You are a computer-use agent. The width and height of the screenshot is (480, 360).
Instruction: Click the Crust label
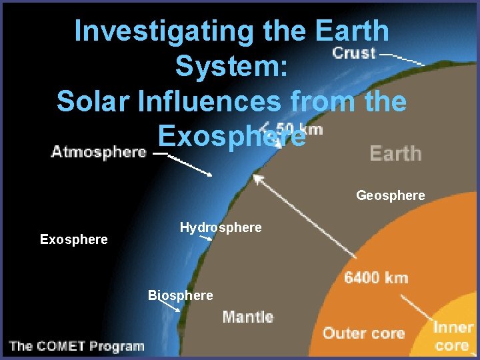click(353, 53)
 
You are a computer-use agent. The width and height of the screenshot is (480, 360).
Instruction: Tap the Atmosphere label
click(99, 152)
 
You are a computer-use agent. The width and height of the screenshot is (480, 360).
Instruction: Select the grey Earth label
click(395, 153)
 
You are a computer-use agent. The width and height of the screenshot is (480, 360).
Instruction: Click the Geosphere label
click(390, 195)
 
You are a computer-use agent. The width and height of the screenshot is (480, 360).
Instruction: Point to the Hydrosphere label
click(221, 228)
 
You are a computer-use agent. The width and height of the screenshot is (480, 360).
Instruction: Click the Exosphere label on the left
click(73, 239)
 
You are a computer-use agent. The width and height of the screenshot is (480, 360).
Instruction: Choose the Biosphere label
click(181, 295)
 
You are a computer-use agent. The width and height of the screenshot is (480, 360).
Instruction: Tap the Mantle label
click(247, 317)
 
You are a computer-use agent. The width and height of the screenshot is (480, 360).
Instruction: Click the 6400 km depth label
click(376, 277)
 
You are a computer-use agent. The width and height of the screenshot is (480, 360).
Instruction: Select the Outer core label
click(363, 333)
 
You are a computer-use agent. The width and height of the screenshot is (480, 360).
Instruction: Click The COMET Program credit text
click(77, 346)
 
